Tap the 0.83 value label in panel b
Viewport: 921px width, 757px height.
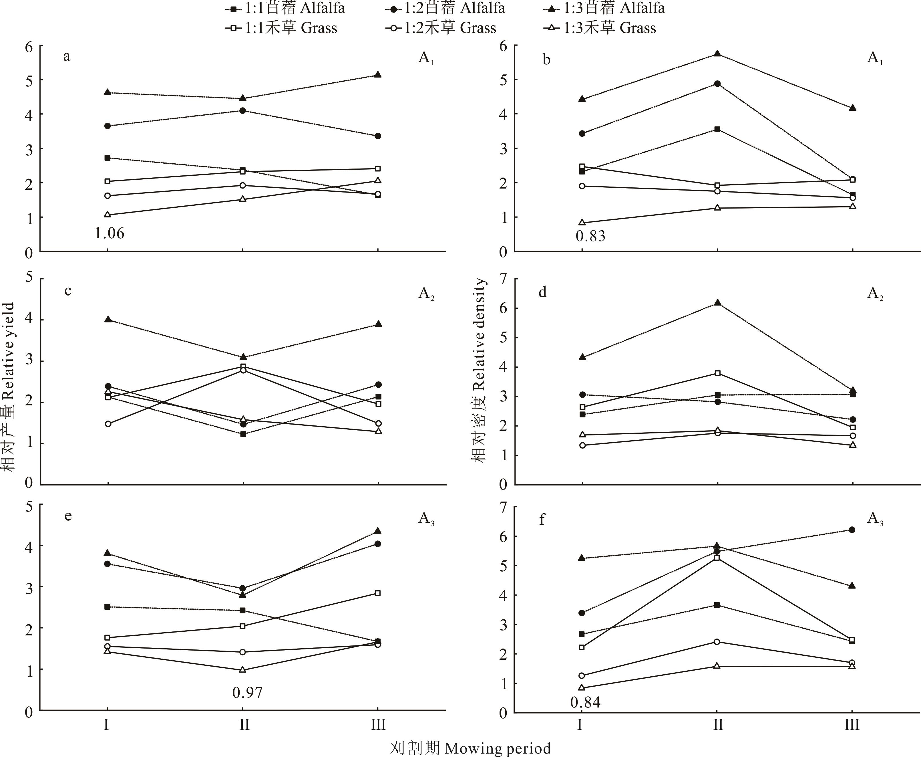click(x=591, y=236)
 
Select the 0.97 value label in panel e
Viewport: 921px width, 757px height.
click(x=247, y=692)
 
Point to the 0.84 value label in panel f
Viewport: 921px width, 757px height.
click(x=585, y=702)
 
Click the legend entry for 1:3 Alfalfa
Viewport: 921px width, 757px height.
click(x=604, y=8)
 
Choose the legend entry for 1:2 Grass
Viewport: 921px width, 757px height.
click(x=441, y=28)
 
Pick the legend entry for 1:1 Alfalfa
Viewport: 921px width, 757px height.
click(x=285, y=8)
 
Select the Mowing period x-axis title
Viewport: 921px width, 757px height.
click(x=470, y=748)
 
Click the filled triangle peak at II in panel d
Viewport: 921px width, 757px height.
click(x=717, y=303)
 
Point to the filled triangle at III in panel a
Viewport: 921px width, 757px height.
click(x=378, y=75)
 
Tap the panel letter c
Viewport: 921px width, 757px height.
click(x=68, y=291)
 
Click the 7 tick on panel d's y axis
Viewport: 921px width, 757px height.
click(x=504, y=279)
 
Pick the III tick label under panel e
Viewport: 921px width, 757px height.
click(x=378, y=725)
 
